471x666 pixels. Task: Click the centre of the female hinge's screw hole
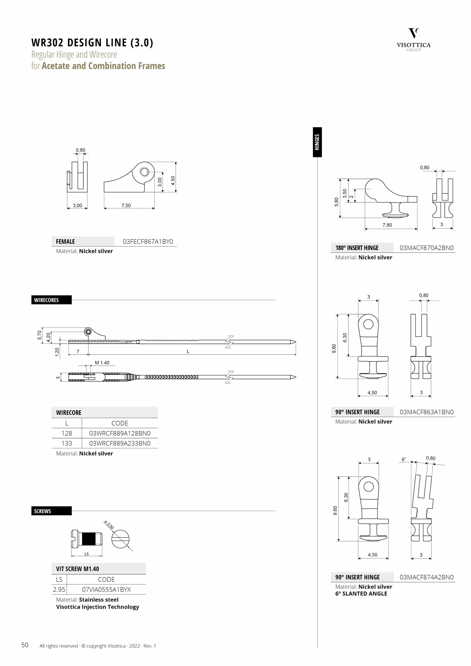coord(144,172)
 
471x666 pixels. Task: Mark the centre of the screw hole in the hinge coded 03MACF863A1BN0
coord(368,324)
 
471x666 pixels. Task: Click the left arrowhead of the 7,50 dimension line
coord(105,208)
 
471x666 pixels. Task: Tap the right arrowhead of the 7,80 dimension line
coord(416,229)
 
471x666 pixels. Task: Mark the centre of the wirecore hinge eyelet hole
coord(88,331)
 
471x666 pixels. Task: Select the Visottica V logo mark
coord(413,33)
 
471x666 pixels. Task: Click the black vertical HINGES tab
coord(317,142)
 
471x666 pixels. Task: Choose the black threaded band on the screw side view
coord(88,539)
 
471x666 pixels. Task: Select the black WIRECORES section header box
coord(51,300)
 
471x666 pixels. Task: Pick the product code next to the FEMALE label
coord(148,241)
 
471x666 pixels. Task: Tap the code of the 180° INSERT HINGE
coord(426,248)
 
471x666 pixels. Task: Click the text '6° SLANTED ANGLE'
coord(361,593)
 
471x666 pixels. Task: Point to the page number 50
coord(25,645)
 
